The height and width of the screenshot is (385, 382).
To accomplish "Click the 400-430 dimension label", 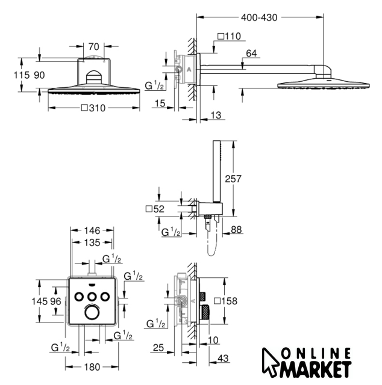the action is (x=259, y=17).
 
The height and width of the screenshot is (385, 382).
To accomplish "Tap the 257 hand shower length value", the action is (x=233, y=179).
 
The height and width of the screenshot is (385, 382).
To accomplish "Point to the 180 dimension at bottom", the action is (x=92, y=367).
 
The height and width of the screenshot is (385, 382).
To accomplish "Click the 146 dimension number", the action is (x=92, y=230).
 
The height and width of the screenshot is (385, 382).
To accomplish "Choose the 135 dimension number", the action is (x=92, y=242).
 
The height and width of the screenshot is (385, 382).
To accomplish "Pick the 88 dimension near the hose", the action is (x=236, y=230).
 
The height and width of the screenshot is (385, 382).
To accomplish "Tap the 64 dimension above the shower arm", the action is (x=251, y=54).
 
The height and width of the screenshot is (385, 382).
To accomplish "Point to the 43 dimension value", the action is (x=223, y=359).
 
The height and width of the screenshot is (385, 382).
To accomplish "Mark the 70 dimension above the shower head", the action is (x=94, y=47).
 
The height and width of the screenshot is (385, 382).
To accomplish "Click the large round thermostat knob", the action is (x=92, y=313).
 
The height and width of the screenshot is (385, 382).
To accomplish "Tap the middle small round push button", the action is (x=92, y=297).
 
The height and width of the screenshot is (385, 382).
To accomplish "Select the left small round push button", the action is (x=79, y=297).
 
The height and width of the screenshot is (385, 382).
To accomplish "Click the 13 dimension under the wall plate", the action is (x=216, y=115).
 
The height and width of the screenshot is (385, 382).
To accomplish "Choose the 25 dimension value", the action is (x=158, y=348).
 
